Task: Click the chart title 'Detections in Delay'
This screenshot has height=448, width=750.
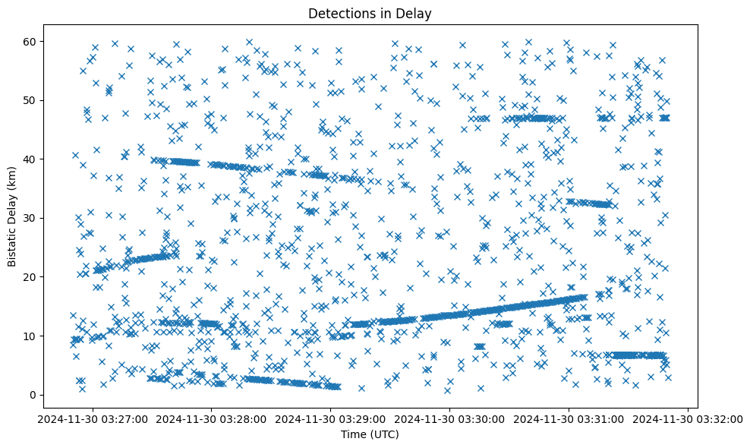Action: pos(369,13)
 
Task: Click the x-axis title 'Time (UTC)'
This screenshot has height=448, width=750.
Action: pos(369,435)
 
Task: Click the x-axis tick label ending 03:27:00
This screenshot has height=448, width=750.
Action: pos(93,418)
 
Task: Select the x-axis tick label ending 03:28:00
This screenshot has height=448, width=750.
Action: pos(212,418)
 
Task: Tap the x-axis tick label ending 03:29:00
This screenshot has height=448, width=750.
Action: pos(331,418)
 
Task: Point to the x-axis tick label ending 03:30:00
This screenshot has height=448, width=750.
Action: pos(450,418)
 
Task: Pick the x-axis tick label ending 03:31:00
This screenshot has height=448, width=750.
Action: pos(569,418)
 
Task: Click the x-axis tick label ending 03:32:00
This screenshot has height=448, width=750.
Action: pos(689,418)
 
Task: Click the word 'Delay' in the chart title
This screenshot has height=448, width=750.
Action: pos(416,13)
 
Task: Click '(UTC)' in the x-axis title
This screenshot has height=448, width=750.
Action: pos(384,435)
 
